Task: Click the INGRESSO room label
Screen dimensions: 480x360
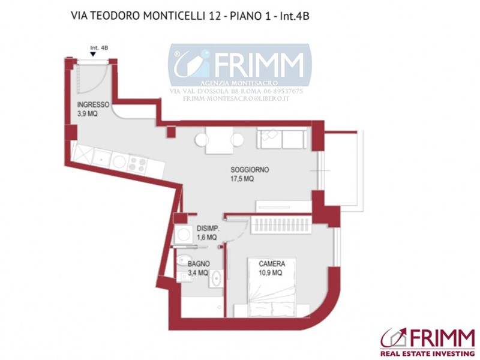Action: coord(93,104)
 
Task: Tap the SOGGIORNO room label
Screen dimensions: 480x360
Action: coord(250,170)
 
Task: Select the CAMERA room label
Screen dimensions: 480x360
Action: coord(272,263)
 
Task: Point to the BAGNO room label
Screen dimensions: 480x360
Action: coord(199,263)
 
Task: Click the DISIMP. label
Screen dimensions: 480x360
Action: coord(208,229)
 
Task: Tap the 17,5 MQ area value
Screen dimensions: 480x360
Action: coord(242,179)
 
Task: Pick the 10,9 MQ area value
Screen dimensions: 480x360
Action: coord(271,272)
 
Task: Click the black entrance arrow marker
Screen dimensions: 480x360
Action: coord(93,54)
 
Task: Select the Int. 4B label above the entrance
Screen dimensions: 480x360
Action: coord(99,48)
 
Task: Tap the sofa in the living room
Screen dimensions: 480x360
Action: coord(281,138)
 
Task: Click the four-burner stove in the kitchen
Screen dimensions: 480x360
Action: coord(137,164)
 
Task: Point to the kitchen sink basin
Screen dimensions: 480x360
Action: coord(101,158)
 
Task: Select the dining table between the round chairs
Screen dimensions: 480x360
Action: coord(219,140)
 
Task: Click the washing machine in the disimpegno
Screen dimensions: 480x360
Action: coord(184,235)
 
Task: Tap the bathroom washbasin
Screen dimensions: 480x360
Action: coord(216,278)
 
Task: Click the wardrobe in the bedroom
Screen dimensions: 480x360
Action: coord(281,226)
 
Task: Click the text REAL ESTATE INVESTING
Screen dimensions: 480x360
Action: coord(427,353)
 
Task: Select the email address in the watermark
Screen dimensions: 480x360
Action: coord(236,99)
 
